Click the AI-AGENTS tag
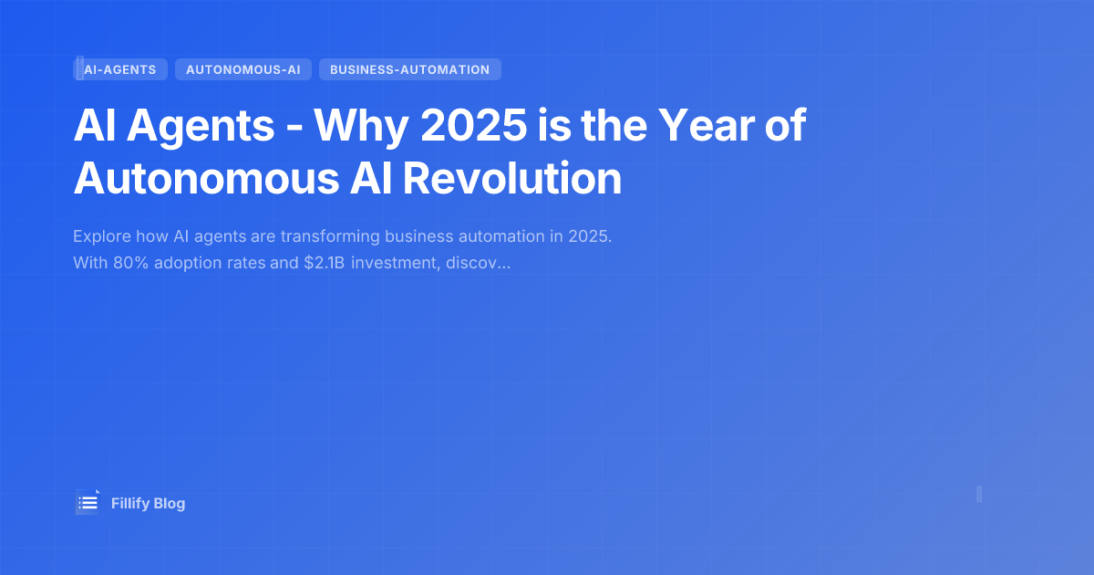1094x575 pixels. point(120,69)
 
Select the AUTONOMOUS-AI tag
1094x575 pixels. point(243,69)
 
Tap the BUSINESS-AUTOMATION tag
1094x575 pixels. point(409,69)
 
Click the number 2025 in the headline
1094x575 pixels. point(473,126)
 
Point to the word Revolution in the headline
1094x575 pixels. point(512,179)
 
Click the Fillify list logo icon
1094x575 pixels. point(88,502)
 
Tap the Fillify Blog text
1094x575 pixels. point(148,503)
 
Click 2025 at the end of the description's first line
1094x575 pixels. point(590,236)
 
